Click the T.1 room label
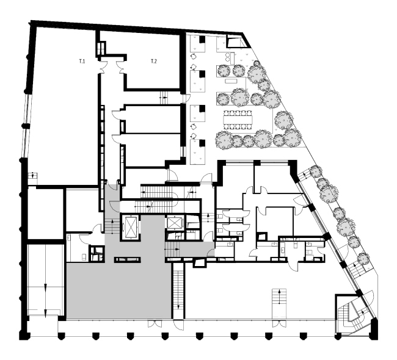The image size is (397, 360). pyautogui.click(x=81, y=62)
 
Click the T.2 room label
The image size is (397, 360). pyautogui.click(x=154, y=62)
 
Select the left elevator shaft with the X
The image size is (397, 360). pyautogui.click(x=131, y=225)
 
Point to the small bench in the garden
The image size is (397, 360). pyautogui.click(x=231, y=81)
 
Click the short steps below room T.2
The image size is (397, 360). pyautogui.click(x=163, y=96)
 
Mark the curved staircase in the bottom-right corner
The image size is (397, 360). pyautogui.click(x=352, y=312)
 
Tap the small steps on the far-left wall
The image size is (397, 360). pyautogui.click(x=33, y=177)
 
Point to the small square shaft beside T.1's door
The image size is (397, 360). pyautogui.click(x=101, y=48)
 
